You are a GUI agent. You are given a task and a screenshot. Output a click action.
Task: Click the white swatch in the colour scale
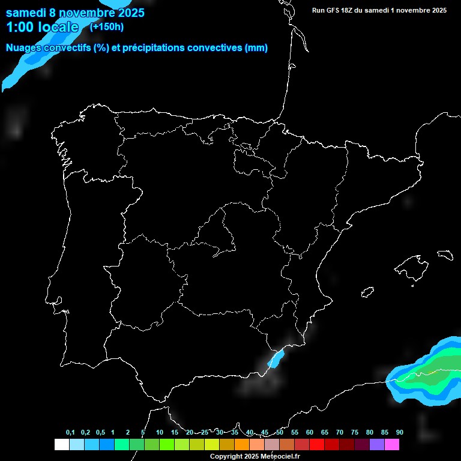coord(61,444)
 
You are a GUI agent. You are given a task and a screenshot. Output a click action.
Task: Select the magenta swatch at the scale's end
coord(392,444)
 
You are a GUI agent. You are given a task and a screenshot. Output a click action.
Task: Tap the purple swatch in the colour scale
coord(377,444)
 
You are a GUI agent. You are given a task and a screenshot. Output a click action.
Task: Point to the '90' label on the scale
coord(399,432)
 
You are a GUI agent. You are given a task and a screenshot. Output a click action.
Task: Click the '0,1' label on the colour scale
coord(70,432)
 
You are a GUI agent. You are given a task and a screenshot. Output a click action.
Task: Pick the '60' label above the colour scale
coord(310,432)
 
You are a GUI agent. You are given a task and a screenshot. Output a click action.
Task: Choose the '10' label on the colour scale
coord(159,432)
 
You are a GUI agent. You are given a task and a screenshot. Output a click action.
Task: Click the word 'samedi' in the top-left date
coord(28,13)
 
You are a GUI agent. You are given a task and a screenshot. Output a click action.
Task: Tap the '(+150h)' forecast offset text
coord(106,26)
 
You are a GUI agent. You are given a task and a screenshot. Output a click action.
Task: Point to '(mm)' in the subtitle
coord(256,48)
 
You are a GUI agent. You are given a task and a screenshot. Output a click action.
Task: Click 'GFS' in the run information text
coord(339,10)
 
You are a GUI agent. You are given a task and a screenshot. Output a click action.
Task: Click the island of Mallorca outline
coord(415,265)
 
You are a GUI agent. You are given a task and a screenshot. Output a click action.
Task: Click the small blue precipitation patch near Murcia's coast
coord(276,359)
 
